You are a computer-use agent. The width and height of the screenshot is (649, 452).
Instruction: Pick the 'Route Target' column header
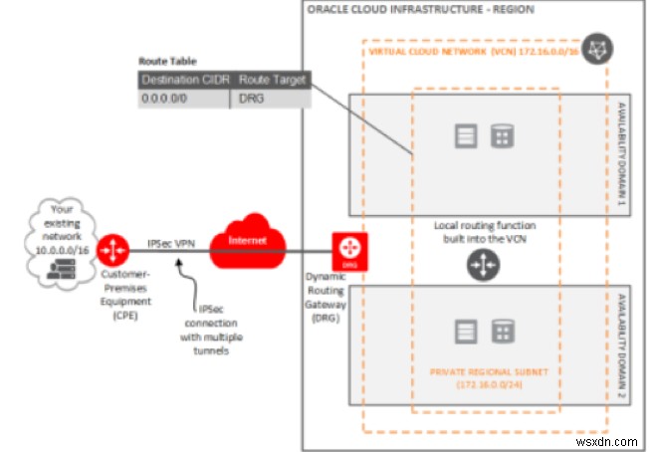pos(274,80)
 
